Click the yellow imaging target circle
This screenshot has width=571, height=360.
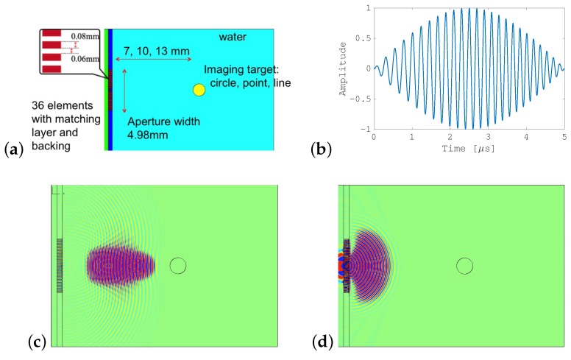[x=199, y=90]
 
